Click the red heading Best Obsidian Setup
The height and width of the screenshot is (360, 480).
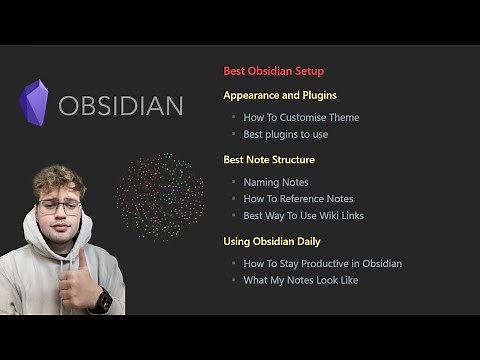pos(273,72)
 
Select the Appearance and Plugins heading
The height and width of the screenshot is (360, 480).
pos(279,96)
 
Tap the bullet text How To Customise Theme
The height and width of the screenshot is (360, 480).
pos(301,118)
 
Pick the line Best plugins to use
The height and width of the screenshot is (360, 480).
pos(286,134)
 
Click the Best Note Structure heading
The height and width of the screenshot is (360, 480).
pos(268,160)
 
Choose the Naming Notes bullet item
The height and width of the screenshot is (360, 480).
pos(276,182)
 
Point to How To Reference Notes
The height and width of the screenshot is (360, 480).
pos(298,199)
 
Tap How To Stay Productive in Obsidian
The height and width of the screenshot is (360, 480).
pos(322,264)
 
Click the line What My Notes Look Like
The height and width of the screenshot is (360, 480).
pos(301,280)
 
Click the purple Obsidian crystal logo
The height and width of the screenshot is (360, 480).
pos(35,103)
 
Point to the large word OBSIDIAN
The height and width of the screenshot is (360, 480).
pos(120,106)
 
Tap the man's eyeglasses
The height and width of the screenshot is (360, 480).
pos(59,206)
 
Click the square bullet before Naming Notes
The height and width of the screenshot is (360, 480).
pos(233,183)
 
